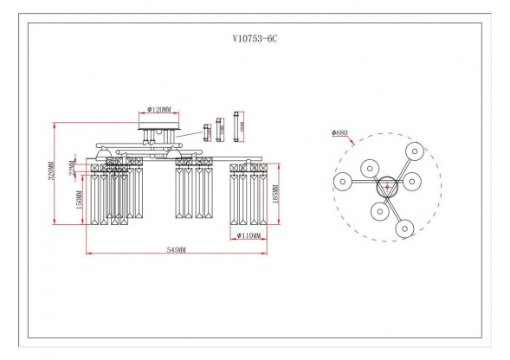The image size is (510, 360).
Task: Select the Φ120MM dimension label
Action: pyautogui.click(x=159, y=111)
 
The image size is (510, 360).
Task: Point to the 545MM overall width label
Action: pyautogui.click(x=176, y=249)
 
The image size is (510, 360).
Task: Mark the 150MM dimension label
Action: pyautogui.click(x=79, y=200)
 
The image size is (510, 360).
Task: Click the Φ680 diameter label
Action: pyautogui.click(x=340, y=134)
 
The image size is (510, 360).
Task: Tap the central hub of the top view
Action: pyautogui.click(x=385, y=185)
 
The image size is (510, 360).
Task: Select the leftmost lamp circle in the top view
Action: pyautogui.click(x=342, y=181)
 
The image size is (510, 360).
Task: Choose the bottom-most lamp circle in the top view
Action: pyautogui.click(x=404, y=228)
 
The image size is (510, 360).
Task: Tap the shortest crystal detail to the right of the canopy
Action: pyautogui.click(x=206, y=132)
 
